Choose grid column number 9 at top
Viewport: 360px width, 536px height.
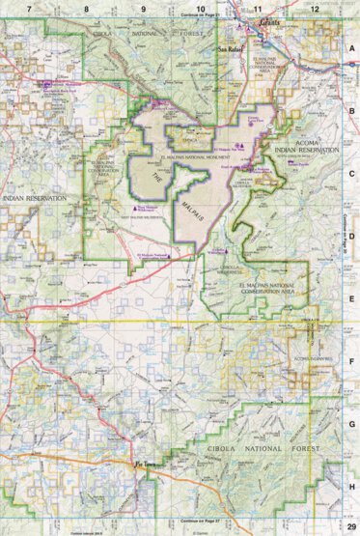tap(144, 8)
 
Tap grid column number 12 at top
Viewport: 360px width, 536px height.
tap(316, 8)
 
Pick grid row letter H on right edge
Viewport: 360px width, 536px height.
tap(352, 486)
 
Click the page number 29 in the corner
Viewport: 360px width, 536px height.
tap(351, 528)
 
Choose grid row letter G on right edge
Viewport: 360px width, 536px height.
tap(352, 423)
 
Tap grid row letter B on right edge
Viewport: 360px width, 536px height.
tap(352, 110)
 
